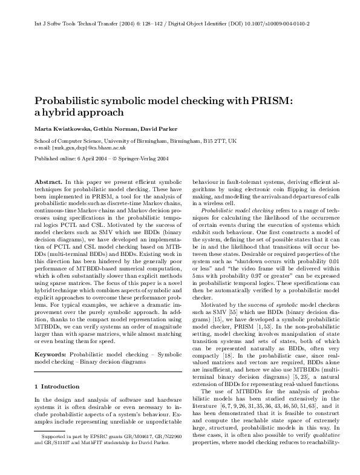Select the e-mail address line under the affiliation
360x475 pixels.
click(79, 147)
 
